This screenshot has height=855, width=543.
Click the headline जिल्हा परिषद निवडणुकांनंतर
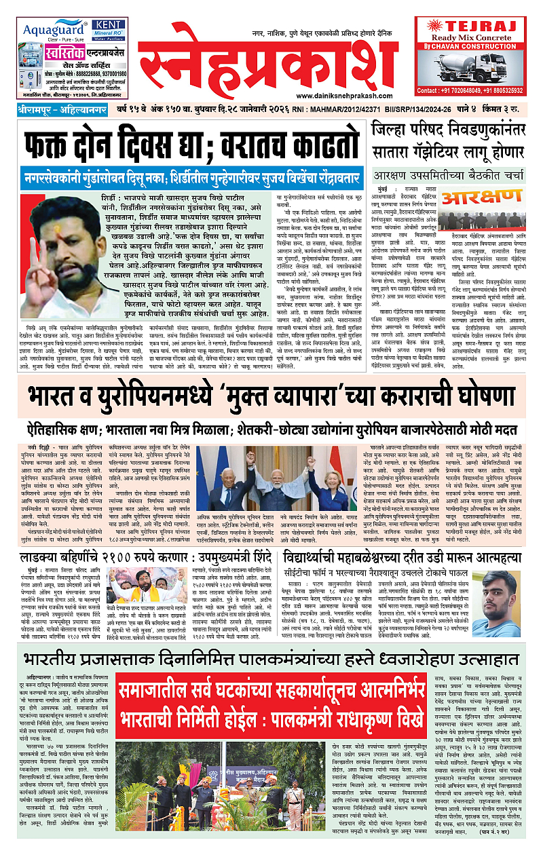tap(447, 129)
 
